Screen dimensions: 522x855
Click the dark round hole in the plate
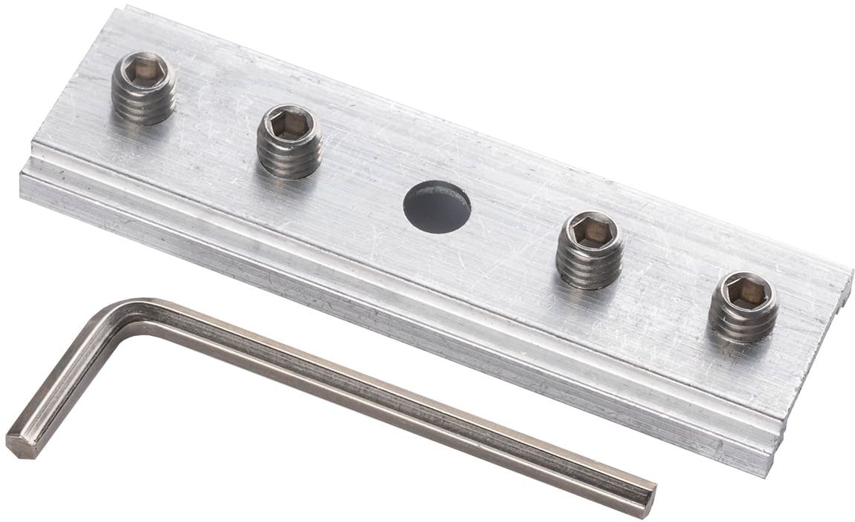click(437, 207)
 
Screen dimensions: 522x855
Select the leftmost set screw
click(143, 87)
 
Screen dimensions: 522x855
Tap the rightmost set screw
click(743, 306)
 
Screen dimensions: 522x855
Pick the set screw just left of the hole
click(288, 140)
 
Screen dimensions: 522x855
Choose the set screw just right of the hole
click(590, 249)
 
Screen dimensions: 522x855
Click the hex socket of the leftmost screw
click(144, 70)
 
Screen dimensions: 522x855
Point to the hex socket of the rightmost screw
click(745, 291)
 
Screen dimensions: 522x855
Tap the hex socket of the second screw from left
click(288, 125)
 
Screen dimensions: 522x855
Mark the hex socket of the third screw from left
click(591, 232)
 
